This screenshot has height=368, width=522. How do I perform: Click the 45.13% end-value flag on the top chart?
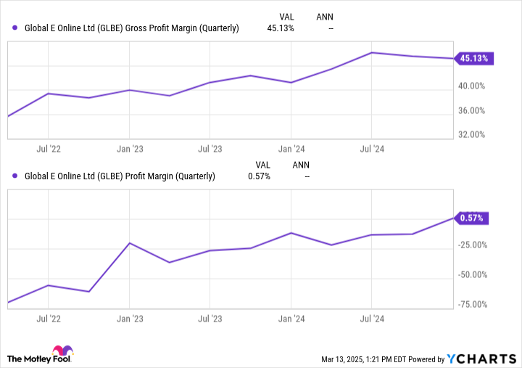tap(474, 59)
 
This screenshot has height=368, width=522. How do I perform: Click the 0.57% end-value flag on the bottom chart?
tap(472, 218)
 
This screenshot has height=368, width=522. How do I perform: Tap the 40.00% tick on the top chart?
tap(473, 86)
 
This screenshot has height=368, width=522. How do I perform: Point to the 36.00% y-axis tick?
tap(473, 110)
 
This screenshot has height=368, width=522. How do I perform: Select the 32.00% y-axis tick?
tap(473, 134)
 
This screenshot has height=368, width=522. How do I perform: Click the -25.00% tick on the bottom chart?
tap(474, 244)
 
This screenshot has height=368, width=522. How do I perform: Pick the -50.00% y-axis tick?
tap(474, 274)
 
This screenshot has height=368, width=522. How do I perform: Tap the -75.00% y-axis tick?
tap(474, 305)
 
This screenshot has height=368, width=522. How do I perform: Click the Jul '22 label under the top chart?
tap(48, 149)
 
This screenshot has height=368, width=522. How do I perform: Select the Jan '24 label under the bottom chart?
tap(291, 318)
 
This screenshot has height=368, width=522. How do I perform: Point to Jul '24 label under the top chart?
tap(371, 149)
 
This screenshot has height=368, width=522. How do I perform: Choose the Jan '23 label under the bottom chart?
tap(129, 318)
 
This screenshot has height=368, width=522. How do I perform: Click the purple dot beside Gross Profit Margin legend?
tap(16, 28)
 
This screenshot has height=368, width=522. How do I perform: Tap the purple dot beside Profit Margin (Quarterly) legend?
tap(16, 176)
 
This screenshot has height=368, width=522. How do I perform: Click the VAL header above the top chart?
tap(287, 16)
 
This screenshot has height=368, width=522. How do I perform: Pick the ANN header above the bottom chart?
tap(300, 163)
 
